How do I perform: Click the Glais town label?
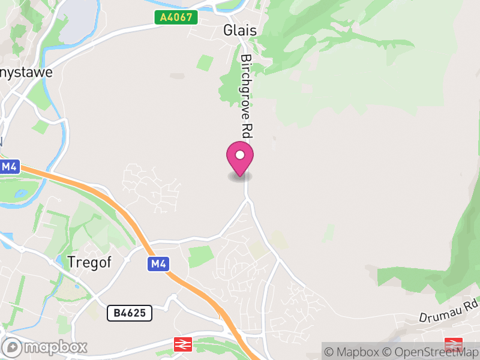[x=239, y=31]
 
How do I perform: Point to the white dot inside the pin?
[x=240, y=155]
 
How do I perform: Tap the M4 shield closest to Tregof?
[x=157, y=263]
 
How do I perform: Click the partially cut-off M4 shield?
[x=8, y=167]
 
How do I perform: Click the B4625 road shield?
[x=130, y=313]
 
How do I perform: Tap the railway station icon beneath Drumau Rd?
[x=453, y=344]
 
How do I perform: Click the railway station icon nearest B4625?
[x=182, y=344]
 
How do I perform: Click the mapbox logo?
[x=46, y=347]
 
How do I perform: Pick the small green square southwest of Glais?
[x=205, y=62]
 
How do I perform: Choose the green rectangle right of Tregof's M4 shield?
[x=200, y=256]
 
